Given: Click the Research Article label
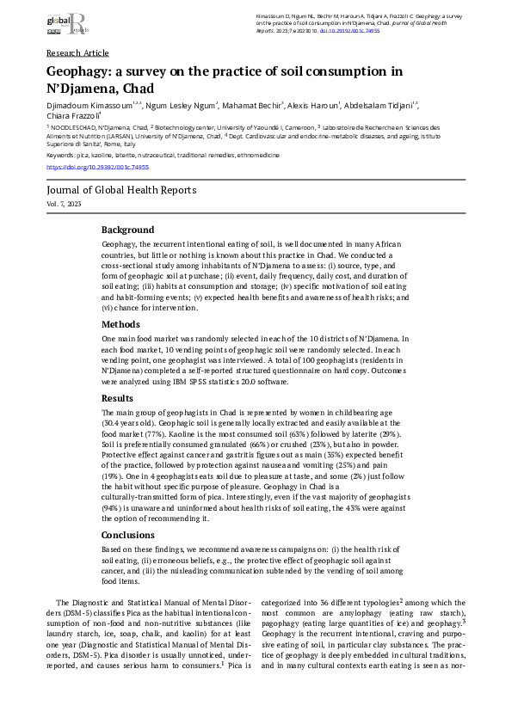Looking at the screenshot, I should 77,52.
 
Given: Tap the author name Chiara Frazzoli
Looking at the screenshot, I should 72,116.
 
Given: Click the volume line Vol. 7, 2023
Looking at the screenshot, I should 65,204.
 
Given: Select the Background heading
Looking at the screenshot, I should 128,230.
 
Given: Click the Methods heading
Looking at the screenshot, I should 120,325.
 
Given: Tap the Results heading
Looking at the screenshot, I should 117,399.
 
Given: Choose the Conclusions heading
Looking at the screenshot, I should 128,535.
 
